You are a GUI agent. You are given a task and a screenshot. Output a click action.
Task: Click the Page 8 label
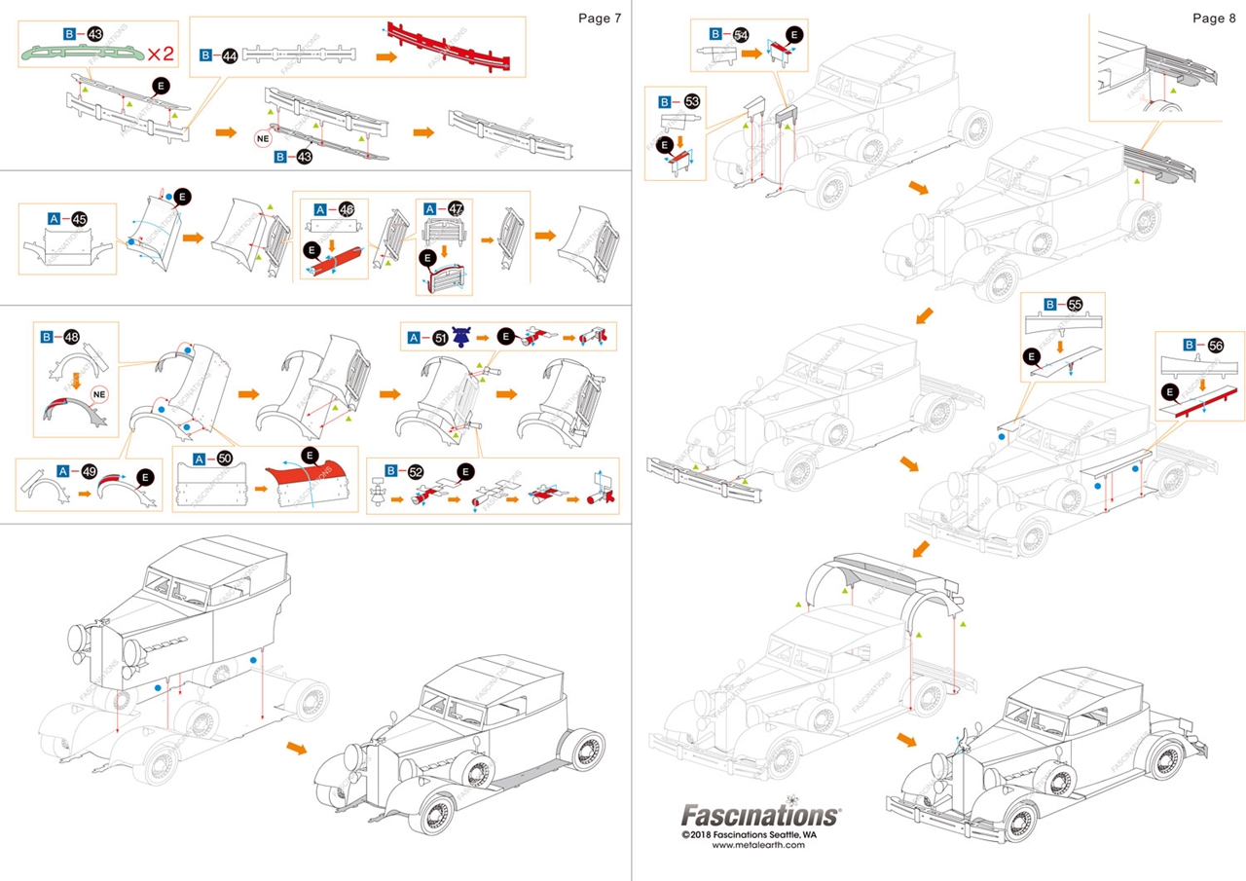click(x=1214, y=18)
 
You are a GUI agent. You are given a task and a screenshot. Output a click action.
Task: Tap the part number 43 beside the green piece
click(x=95, y=34)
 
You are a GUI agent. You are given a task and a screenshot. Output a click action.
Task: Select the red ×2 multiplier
click(x=161, y=54)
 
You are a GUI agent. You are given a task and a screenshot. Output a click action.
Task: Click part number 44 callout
click(x=230, y=55)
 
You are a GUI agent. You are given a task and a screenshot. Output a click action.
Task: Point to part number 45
click(x=79, y=219)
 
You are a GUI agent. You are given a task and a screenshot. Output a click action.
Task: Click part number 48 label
click(x=71, y=337)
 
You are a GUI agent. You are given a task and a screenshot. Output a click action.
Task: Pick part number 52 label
click(x=417, y=471)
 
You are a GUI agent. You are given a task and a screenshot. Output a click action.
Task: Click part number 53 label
click(x=692, y=101)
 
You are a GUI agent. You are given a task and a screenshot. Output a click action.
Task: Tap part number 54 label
click(x=742, y=34)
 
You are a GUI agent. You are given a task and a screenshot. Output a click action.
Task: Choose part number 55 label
click(x=1075, y=304)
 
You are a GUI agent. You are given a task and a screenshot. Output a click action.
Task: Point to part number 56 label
click(x=1216, y=345)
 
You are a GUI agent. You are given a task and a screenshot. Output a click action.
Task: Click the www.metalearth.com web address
click(x=758, y=845)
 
